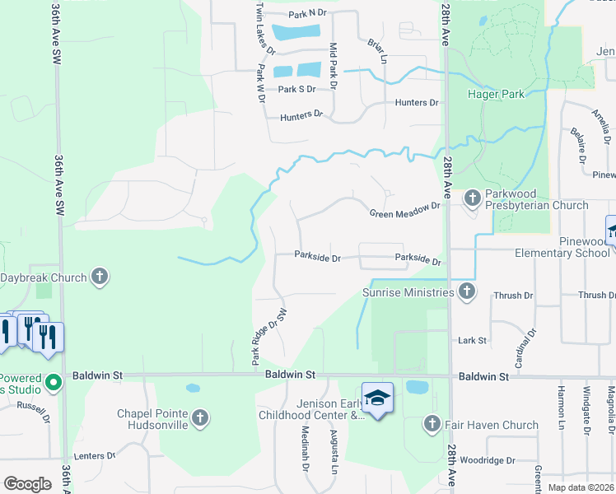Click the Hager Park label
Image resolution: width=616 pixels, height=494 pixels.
pos(496,95)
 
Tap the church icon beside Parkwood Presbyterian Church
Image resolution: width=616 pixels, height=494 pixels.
pos(472,198)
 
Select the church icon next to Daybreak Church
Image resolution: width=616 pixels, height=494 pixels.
pos(99,277)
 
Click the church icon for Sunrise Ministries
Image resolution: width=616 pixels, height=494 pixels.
pos(466,291)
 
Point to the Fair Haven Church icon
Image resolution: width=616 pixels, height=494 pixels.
pos(431,425)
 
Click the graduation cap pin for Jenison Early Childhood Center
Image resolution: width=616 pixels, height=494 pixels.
pos(377,398)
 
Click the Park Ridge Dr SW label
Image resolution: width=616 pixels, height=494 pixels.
pos(269,337)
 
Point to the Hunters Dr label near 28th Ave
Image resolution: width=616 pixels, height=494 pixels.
pos(417,103)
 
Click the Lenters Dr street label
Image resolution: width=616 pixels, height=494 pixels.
pos(94,455)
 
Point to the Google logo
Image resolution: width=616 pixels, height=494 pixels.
pos(27,484)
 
